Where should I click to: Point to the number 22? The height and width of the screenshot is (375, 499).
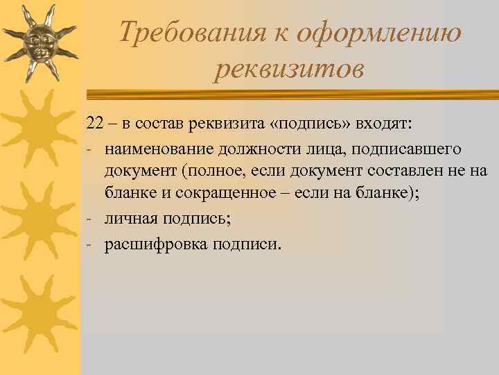tap(95, 124)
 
